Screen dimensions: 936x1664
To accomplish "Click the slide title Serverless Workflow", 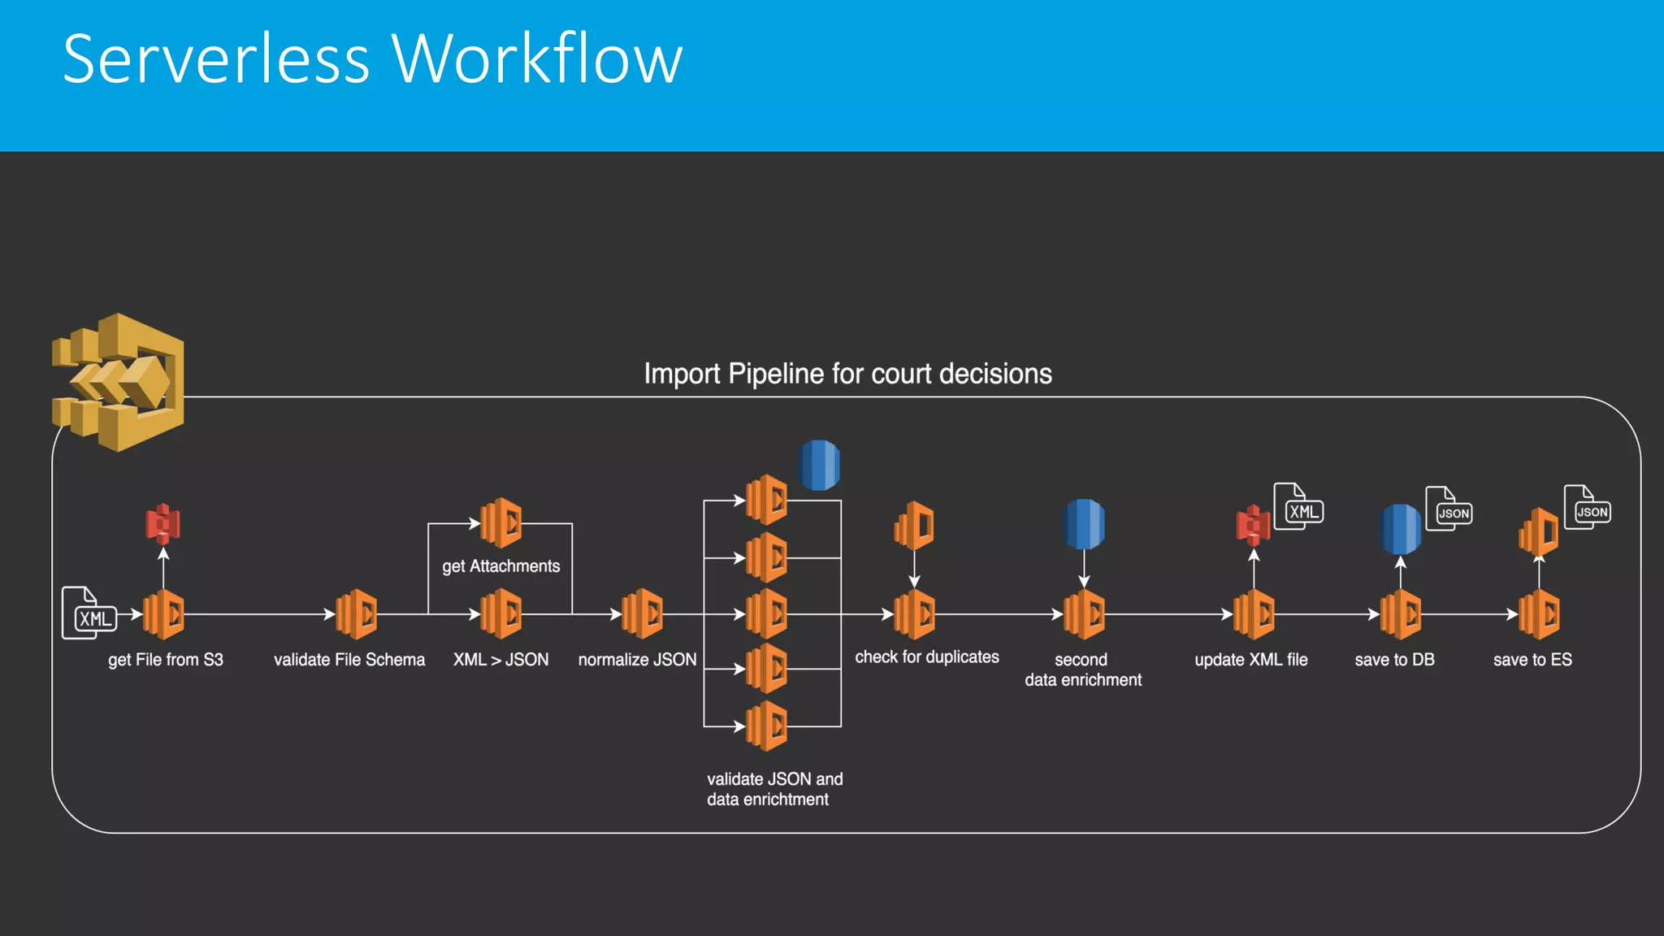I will [x=372, y=58].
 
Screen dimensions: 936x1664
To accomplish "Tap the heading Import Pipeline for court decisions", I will [x=847, y=374].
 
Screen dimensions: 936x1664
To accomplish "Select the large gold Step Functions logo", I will [x=119, y=382].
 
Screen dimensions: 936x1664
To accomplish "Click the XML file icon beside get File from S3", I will [x=89, y=613].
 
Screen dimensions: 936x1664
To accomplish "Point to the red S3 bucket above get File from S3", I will [x=163, y=524].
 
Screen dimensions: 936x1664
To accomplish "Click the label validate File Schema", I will [x=349, y=660].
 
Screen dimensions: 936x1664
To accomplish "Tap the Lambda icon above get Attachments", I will [x=500, y=522].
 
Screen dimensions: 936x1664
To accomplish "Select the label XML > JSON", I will [x=500, y=660].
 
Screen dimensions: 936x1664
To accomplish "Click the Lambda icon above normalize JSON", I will [x=642, y=613].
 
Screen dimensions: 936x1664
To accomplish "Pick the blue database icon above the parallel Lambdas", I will [x=820, y=465].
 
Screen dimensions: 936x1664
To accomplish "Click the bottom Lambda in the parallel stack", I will [x=767, y=726].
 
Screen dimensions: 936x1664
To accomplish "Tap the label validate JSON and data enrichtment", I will [x=773, y=789].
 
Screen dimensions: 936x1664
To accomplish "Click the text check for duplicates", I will [x=927, y=656].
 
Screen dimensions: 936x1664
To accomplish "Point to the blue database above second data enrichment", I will [x=1084, y=524].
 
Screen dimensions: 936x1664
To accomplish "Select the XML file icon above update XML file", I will [x=1298, y=507].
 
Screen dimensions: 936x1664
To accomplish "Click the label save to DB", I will [x=1394, y=660].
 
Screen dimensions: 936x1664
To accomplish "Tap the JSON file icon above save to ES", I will [x=1588, y=508].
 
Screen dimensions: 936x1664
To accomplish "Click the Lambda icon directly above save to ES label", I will [x=1539, y=614].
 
